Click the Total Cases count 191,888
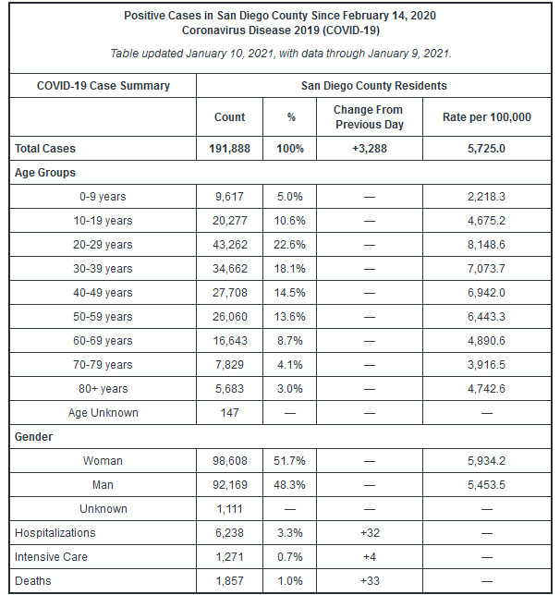(229, 149)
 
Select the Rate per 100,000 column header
(487, 116)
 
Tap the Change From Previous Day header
(369, 116)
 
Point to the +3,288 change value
(369, 149)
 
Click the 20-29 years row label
(103, 244)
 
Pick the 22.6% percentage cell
(289, 244)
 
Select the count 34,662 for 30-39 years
(230, 269)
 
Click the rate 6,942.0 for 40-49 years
(486, 293)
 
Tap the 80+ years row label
(103, 389)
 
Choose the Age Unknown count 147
(230, 412)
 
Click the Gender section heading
(34, 437)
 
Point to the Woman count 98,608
(230, 461)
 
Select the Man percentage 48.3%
(289, 484)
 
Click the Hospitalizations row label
(55, 533)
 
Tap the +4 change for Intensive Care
(370, 557)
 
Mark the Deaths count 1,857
(229, 581)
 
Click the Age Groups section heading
(45, 173)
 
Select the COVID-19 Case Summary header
(103, 86)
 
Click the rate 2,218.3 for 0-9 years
(486, 197)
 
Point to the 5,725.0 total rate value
(486, 149)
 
